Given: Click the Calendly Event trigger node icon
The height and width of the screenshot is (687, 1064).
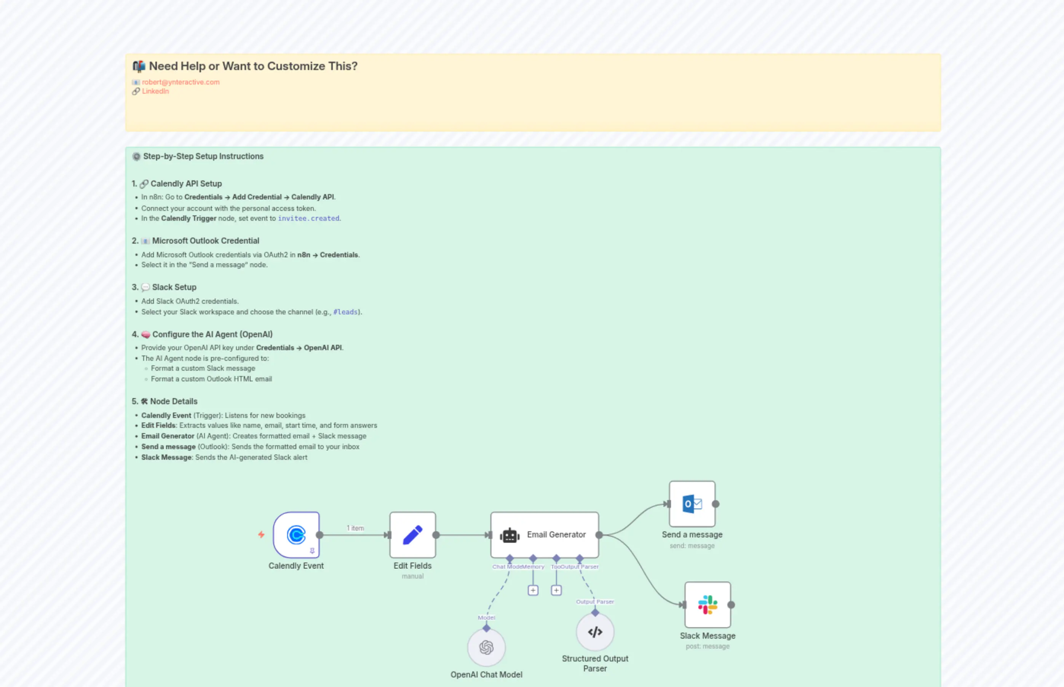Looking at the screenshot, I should (296, 534).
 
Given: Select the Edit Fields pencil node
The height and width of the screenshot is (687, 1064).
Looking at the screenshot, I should (412, 534).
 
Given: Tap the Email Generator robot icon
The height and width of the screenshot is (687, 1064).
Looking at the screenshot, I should (510, 535).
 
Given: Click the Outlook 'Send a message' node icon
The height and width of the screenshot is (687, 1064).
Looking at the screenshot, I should (692, 504).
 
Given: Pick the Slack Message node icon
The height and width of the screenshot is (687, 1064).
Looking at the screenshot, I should (708, 604).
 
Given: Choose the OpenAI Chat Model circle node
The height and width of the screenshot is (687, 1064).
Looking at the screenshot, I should (486, 647).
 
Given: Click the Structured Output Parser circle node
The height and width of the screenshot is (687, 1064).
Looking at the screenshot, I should (595, 632).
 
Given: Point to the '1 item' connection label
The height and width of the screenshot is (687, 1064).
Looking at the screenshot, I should (355, 528).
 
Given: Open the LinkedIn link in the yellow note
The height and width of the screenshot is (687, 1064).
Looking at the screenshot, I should (155, 91).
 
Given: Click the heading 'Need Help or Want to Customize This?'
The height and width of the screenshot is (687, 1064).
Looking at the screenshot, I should (253, 66).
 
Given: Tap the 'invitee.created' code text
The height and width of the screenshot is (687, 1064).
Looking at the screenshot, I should (308, 218).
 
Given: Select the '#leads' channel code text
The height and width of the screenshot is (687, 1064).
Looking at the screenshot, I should (345, 312).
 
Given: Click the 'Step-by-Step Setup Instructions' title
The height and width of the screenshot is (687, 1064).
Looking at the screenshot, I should (203, 156).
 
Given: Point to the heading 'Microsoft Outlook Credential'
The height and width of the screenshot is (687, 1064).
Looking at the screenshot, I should (205, 241).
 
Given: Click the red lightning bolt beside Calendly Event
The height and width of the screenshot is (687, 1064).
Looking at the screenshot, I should (262, 534).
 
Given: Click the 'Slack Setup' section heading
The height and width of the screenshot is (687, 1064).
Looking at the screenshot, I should (174, 287).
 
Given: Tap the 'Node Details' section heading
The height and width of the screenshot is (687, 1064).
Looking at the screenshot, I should (174, 401).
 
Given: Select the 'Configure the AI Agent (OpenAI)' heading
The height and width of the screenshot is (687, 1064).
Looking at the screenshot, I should (212, 334).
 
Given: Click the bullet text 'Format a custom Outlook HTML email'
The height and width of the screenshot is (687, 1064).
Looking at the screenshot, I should (211, 379).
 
